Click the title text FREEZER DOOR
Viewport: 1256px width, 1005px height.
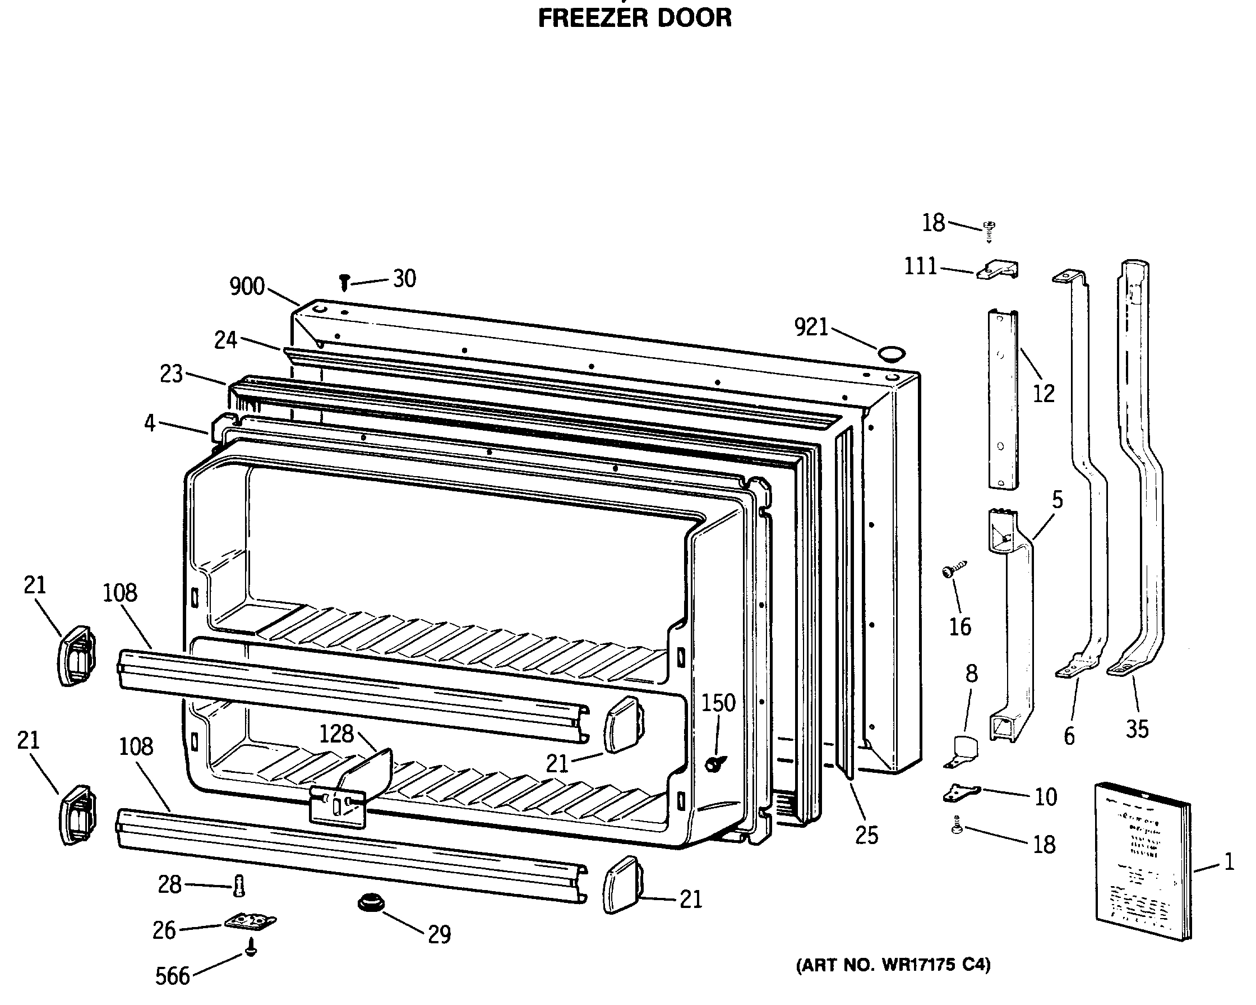click(634, 18)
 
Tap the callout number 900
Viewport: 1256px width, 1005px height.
click(247, 287)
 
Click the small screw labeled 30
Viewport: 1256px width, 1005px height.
click(344, 283)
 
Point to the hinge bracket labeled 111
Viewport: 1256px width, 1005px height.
click(999, 270)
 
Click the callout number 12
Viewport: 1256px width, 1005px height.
click(1043, 394)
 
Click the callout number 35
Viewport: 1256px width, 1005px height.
click(1137, 729)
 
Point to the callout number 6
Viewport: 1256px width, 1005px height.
click(1070, 736)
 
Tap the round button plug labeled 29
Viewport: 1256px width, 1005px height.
click(371, 903)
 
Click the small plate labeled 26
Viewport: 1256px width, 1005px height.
click(251, 922)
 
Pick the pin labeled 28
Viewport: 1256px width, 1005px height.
click(238, 886)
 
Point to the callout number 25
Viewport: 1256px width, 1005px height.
click(866, 836)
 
